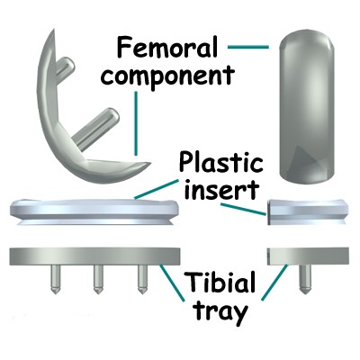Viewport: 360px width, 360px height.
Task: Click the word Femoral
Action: [x=167, y=47]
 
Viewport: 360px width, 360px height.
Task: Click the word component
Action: [x=167, y=76]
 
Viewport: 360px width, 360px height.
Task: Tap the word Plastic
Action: [x=221, y=162]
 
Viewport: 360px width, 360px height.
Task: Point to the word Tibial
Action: [x=221, y=281]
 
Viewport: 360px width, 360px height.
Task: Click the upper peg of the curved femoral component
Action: [x=65, y=67]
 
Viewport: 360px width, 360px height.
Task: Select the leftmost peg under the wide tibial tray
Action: [x=55, y=280]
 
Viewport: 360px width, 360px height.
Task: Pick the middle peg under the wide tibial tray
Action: [x=98, y=280]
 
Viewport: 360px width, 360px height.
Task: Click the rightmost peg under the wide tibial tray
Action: [x=142, y=280]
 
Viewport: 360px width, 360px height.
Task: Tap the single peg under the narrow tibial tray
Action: [x=305, y=280]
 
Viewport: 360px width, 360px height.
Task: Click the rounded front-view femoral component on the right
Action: [x=307, y=106]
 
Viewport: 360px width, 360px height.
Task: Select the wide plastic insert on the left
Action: [x=95, y=211]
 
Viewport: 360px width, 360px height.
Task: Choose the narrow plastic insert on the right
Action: [x=308, y=211]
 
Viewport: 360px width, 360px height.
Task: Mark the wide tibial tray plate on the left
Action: [x=94, y=256]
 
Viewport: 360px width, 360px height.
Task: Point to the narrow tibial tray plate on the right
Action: [x=308, y=256]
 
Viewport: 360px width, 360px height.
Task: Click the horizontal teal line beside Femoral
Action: [x=248, y=47]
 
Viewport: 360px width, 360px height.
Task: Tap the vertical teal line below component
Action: [x=136, y=123]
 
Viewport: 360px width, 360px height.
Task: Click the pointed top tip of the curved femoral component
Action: [x=54, y=29]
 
